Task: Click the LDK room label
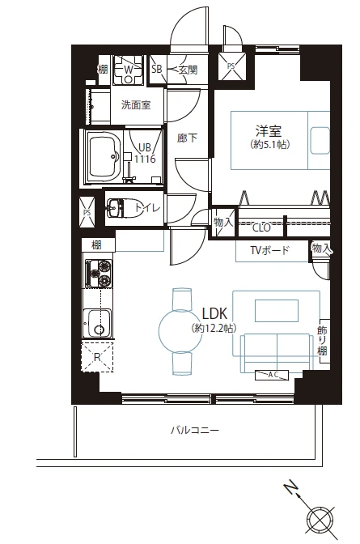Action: (x=214, y=313)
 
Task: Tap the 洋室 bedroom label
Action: (x=269, y=131)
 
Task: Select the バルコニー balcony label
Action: (x=195, y=431)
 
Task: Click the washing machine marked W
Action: (x=129, y=70)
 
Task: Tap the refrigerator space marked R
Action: (x=97, y=356)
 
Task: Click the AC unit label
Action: (x=272, y=375)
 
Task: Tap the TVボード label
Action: (x=269, y=250)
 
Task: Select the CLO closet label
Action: (x=261, y=228)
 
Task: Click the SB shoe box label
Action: (x=157, y=69)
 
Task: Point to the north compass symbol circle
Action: (x=321, y=521)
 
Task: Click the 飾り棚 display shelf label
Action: (x=322, y=340)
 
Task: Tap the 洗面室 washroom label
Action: (x=136, y=104)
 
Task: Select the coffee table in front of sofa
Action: (x=277, y=311)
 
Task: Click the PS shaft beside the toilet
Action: (x=87, y=211)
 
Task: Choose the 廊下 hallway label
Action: (x=188, y=138)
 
